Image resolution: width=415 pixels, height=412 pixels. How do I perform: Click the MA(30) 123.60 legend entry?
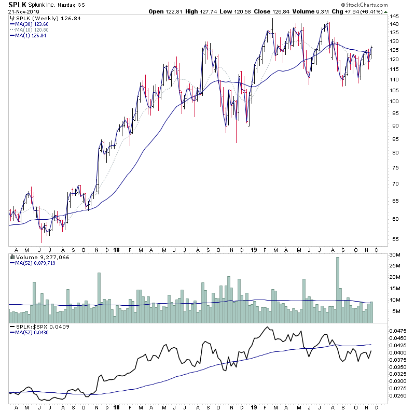click(32, 24)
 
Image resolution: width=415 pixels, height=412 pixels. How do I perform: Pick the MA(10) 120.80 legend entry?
click(32, 30)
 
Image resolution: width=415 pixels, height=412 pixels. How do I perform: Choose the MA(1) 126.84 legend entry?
click(30, 35)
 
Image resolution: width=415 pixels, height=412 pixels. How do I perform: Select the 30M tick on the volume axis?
click(396, 254)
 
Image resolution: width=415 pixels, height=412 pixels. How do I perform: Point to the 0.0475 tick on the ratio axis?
click(398, 330)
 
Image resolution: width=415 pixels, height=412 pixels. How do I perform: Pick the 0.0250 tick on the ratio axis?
click(398, 395)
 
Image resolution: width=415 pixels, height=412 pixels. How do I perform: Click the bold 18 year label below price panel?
click(117, 249)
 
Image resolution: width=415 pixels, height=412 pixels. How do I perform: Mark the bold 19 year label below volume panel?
click(254, 327)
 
